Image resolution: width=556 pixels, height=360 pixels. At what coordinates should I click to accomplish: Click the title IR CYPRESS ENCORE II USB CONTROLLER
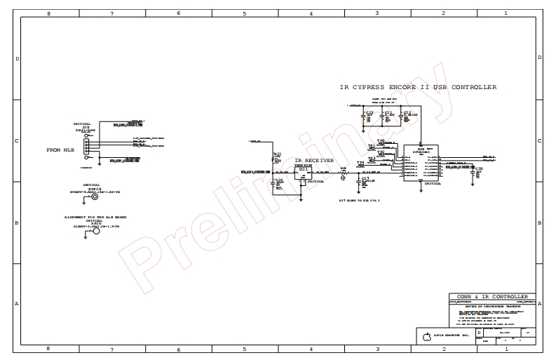[418, 87]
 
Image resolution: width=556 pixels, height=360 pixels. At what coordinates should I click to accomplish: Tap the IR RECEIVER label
[314, 161]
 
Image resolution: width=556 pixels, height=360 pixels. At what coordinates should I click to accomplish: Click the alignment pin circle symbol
[97, 232]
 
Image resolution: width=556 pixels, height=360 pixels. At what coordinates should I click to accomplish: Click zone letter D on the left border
[17, 58]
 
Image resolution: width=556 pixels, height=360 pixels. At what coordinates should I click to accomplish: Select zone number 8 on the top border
[48, 13]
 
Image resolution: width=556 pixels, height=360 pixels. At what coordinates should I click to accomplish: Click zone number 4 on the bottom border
[311, 349]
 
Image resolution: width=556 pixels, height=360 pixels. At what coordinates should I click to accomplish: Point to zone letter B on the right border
[538, 222]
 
